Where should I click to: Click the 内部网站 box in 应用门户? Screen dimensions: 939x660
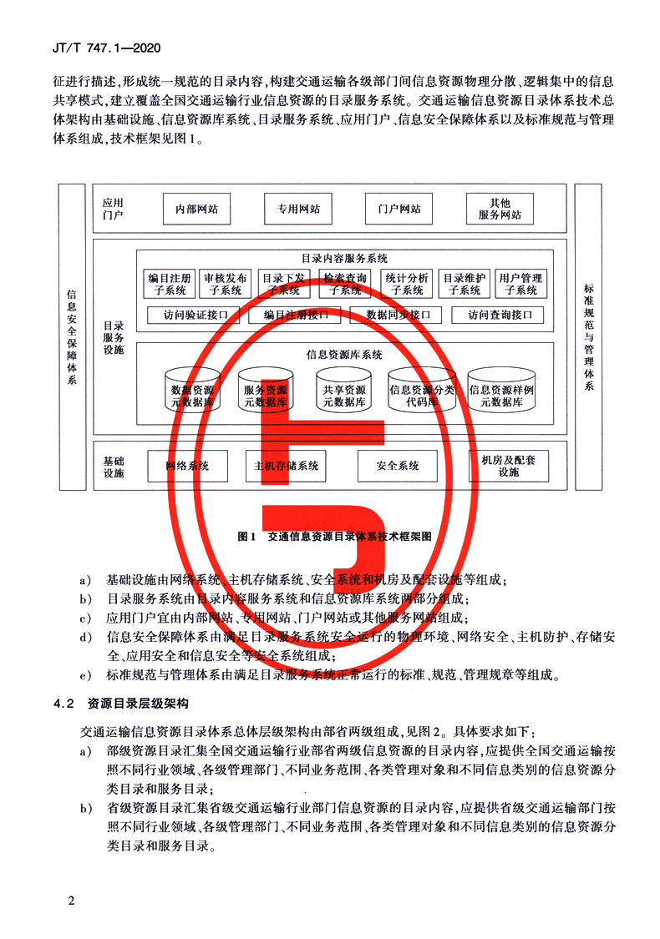pyautogui.click(x=196, y=210)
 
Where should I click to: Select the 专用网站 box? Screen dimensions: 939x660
pyautogui.click(x=298, y=210)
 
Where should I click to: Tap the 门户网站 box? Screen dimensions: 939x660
pyautogui.click(x=399, y=210)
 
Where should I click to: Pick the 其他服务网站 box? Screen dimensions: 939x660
pyautogui.click(x=500, y=209)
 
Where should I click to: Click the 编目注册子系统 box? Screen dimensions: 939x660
pyautogui.click(x=170, y=285)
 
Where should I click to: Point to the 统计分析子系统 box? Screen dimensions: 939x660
pyautogui.click(x=407, y=285)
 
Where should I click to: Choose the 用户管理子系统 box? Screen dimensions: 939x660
pyautogui.click(x=520, y=285)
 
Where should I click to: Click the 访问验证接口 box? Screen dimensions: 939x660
pyautogui.click(x=194, y=316)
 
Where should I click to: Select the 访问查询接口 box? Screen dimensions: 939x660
pyautogui.click(x=498, y=316)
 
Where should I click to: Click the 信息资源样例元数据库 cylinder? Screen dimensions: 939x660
pyautogui.click(x=501, y=391)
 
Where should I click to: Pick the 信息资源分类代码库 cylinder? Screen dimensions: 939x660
pyautogui.click(x=422, y=391)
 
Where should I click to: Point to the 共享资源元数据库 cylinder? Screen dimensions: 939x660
pyautogui.click(x=343, y=391)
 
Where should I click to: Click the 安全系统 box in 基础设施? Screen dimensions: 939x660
pyautogui.click(x=398, y=466)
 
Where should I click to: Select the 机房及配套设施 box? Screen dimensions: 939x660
pyautogui.click(x=509, y=466)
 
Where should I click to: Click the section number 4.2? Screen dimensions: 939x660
pyautogui.click(x=64, y=703)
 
